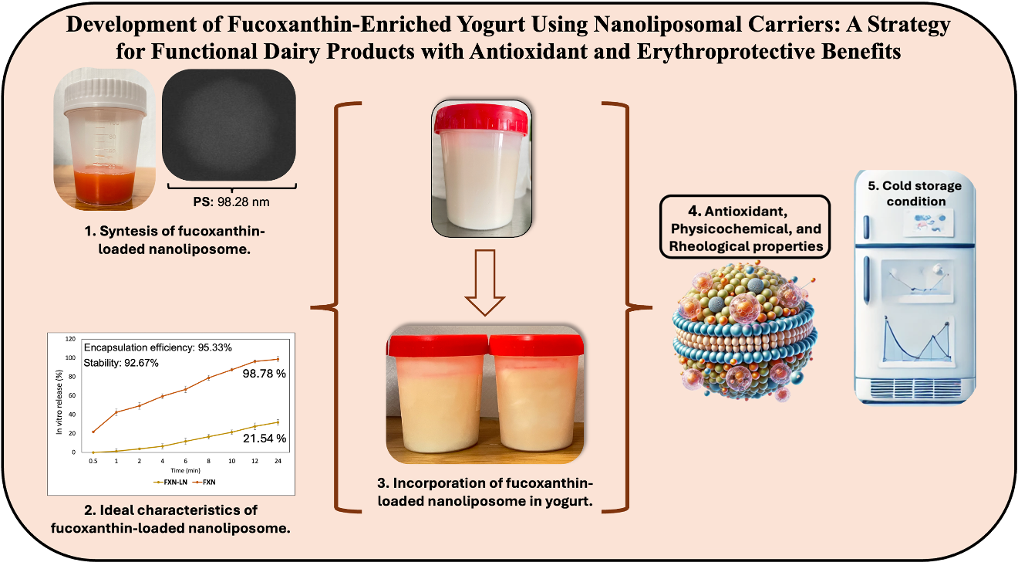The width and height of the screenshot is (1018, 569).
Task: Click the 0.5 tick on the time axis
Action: pyautogui.click(x=93, y=460)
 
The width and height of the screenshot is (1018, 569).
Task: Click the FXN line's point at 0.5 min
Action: pyautogui.click(x=93, y=432)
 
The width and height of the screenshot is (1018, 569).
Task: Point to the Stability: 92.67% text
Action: pyautogui.click(x=121, y=362)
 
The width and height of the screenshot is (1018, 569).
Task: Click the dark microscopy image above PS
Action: pyautogui.click(x=230, y=124)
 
